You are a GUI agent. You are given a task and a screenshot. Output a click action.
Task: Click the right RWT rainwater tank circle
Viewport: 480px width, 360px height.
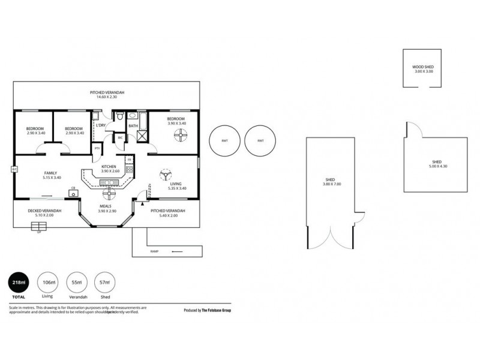(260, 141)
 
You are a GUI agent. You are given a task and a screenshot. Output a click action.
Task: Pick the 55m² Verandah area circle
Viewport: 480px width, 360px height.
(76, 282)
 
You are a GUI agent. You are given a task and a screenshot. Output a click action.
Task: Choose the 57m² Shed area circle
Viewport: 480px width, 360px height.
(104, 282)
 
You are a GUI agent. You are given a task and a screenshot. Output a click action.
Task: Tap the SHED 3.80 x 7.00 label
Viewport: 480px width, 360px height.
(330, 182)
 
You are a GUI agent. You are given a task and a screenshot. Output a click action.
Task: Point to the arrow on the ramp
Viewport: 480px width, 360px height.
(176, 251)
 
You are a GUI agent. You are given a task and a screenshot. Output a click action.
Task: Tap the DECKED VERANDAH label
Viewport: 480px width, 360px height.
(45, 213)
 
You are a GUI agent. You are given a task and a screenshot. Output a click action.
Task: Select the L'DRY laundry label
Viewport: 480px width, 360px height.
(100, 125)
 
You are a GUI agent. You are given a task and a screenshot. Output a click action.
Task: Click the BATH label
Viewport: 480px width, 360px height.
(133, 125)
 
